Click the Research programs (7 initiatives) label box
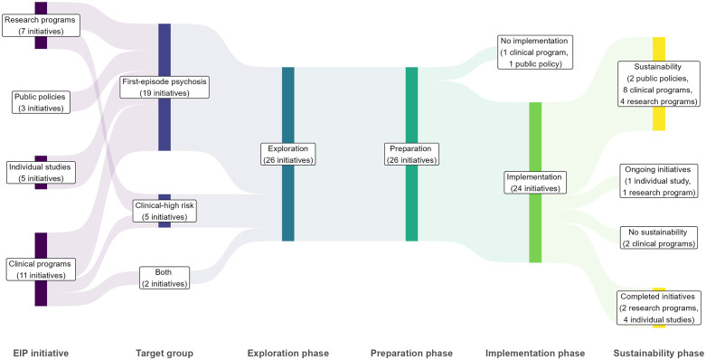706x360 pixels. (x=41, y=25)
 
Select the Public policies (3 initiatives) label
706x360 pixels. (x=41, y=102)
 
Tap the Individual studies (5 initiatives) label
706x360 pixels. (x=41, y=173)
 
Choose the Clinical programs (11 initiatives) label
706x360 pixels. (x=41, y=269)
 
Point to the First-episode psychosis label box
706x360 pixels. (x=165, y=88)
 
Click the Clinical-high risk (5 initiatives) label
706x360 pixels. (x=165, y=211)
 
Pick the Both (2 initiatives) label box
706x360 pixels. (x=165, y=278)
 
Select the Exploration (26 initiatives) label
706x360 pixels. (x=288, y=154)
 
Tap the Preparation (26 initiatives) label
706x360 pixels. (x=411, y=154)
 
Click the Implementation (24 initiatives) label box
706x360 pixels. (x=535, y=183)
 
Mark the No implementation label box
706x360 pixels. (x=535, y=52)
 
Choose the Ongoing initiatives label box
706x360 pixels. (x=659, y=181)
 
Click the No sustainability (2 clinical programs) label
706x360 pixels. (x=659, y=238)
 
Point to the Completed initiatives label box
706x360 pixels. (x=659, y=308)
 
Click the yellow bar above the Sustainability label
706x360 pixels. (x=659, y=49)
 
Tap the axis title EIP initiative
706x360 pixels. (x=41, y=354)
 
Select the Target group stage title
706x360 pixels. (x=165, y=354)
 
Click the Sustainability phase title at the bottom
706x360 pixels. (x=659, y=354)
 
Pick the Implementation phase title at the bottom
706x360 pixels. (x=535, y=354)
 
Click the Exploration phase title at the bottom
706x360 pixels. (x=288, y=354)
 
